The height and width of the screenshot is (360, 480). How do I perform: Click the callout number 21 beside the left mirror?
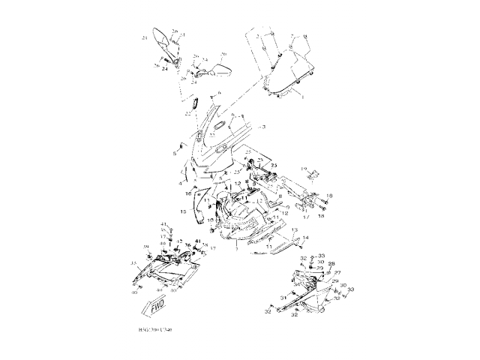click(x=144, y=37)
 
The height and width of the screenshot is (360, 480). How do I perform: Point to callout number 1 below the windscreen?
click(x=301, y=97)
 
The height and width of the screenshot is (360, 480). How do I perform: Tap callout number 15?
click(x=182, y=212)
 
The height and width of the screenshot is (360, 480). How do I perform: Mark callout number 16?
click(x=189, y=193)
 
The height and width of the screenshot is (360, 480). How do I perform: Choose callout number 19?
click(x=304, y=170)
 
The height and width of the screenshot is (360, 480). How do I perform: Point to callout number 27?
click(x=337, y=272)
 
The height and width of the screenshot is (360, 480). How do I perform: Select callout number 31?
click(x=283, y=298)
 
